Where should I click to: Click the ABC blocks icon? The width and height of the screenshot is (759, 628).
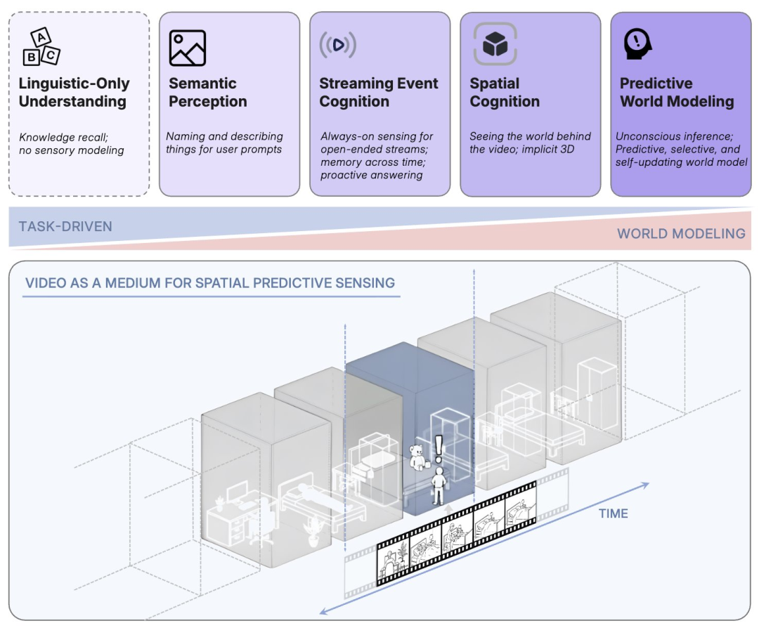point(42,47)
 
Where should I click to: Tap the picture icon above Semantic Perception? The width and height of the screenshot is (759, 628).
point(188,48)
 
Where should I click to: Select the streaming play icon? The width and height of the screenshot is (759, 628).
point(338,45)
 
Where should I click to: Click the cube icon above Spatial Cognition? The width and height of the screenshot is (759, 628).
point(495,44)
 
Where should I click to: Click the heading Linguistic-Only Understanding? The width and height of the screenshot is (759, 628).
point(74,93)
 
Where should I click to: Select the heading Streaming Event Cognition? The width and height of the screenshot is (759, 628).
point(378,93)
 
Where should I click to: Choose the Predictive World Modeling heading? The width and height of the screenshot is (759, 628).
point(676,93)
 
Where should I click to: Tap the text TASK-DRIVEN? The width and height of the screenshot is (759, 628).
point(65,226)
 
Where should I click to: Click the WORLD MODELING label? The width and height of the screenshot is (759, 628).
point(681,233)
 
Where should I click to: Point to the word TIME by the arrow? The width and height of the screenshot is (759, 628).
point(613,513)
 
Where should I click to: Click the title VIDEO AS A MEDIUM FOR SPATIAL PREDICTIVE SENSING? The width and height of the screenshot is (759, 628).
point(210,283)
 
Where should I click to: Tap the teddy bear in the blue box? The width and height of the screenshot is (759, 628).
point(419,457)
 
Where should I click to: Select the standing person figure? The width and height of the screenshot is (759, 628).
point(439,485)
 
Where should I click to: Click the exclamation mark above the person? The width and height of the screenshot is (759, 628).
point(440,447)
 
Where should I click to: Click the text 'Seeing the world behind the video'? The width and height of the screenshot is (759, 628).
point(530,136)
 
